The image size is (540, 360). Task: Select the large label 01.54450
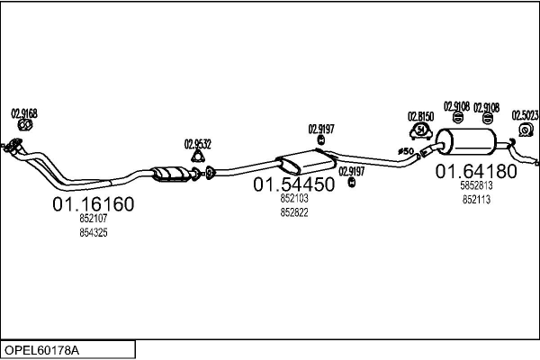(293, 184)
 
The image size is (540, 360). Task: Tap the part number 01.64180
(476, 170)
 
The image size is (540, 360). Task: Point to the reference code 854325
(94, 233)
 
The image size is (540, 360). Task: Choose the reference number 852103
(293, 199)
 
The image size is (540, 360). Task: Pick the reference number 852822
(293, 211)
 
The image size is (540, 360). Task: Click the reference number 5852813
(476, 186)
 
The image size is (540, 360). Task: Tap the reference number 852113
(476, 199)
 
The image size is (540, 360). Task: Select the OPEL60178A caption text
(41, 348)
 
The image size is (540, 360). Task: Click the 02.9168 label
(24, 113)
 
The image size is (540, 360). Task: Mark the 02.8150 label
(420, 116)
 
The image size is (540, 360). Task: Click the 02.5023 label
(525, 114)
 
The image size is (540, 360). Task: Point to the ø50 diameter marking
(404, 151)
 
